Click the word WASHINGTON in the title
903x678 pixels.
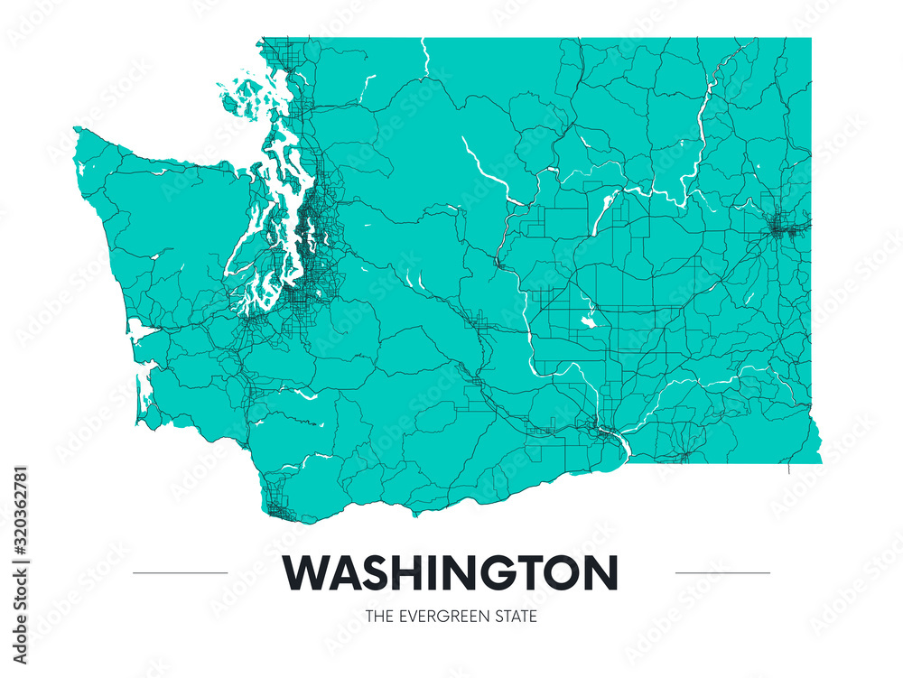pyautogui.click(x=451, y=572)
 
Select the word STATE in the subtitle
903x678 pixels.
pyautogui.click(x=517, y=618)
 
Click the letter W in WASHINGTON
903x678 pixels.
pyautogui.click(x=304, y=572)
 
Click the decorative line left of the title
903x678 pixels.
pyautogui.click(x=180, y=572)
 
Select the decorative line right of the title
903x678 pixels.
pyautogui.click(x=722, y=572)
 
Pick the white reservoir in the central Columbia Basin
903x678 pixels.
pyautogui.click(x=591, y=318)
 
